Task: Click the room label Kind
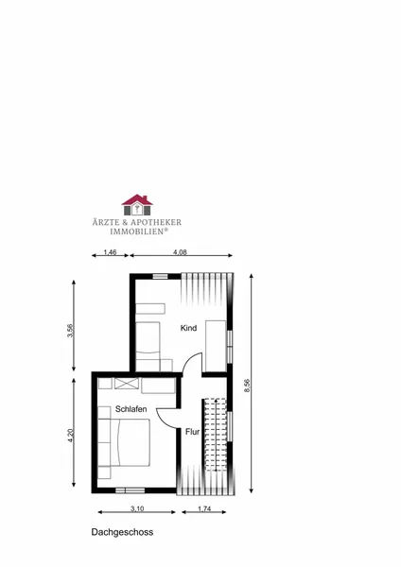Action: [188, 328]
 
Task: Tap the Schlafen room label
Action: [131, 409]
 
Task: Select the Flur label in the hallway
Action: [193, 432]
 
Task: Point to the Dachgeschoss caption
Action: [122, 532]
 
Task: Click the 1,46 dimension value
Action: [110, 252]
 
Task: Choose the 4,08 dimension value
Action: [180, 252]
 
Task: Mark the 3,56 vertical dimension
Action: [70, 331]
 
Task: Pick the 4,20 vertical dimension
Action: [71, 436]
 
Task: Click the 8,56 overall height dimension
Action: [247, 386]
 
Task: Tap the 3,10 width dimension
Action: [137, 508]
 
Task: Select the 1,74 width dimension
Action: [204, 508]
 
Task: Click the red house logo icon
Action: [137, 205]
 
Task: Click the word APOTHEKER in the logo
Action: [156, 222]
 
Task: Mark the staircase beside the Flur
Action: [216, 435]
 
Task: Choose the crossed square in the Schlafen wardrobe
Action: [127, 384]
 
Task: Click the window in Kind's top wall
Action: [160, 276]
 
